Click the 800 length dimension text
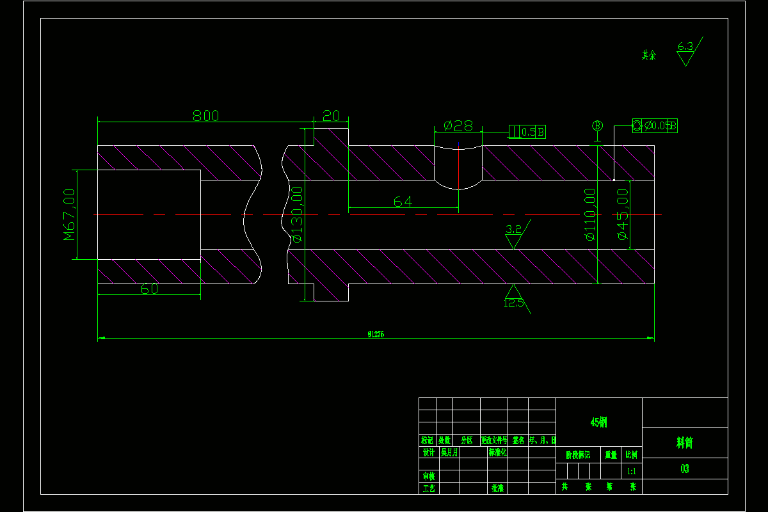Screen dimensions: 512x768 [x=205, y=116]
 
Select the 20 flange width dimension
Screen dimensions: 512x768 [x=331, y=116]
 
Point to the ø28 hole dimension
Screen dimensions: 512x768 [x=458, y=126]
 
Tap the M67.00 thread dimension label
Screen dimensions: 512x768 [x=70, y=214]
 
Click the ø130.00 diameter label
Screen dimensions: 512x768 [x=296, y=214]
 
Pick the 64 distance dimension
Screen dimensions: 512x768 [x=403, y=202]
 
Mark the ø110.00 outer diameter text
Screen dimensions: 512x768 [x=590, y=214]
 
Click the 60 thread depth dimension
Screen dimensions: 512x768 [x=149, y=289]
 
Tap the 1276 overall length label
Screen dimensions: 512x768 [x=376, y=334]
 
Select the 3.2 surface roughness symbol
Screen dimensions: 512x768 [x=514, y=236]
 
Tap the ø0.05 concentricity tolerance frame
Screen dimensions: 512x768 [x=655, y=126]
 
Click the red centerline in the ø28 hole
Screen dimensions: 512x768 [x=458, y=165]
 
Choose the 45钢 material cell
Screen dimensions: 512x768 [x=598, y=422]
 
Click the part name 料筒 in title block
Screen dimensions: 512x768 [x=684, y=442]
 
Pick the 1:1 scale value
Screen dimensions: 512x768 [x=631, y=471]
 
